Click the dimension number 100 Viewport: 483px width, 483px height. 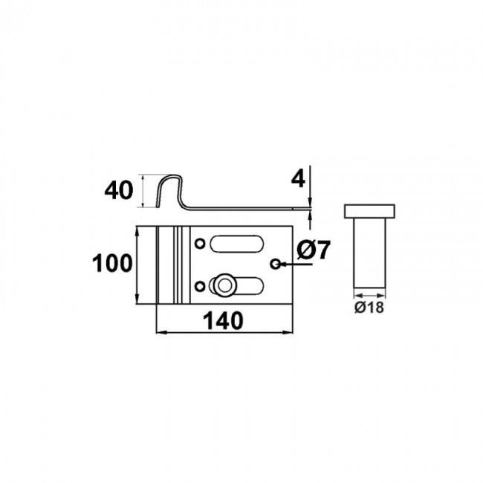coord(111,263)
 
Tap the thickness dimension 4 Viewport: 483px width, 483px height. coord(298,179)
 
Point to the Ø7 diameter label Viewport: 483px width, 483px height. coord(313,251)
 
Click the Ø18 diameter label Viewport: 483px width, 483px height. coord(369,308)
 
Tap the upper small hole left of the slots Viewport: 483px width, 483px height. coord(199,244)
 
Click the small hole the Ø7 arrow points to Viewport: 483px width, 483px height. coord(276,263)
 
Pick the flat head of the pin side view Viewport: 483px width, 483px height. coord(369,210)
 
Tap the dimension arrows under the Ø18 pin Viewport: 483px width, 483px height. coord(369,296)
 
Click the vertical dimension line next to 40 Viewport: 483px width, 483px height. coord(140,189)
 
